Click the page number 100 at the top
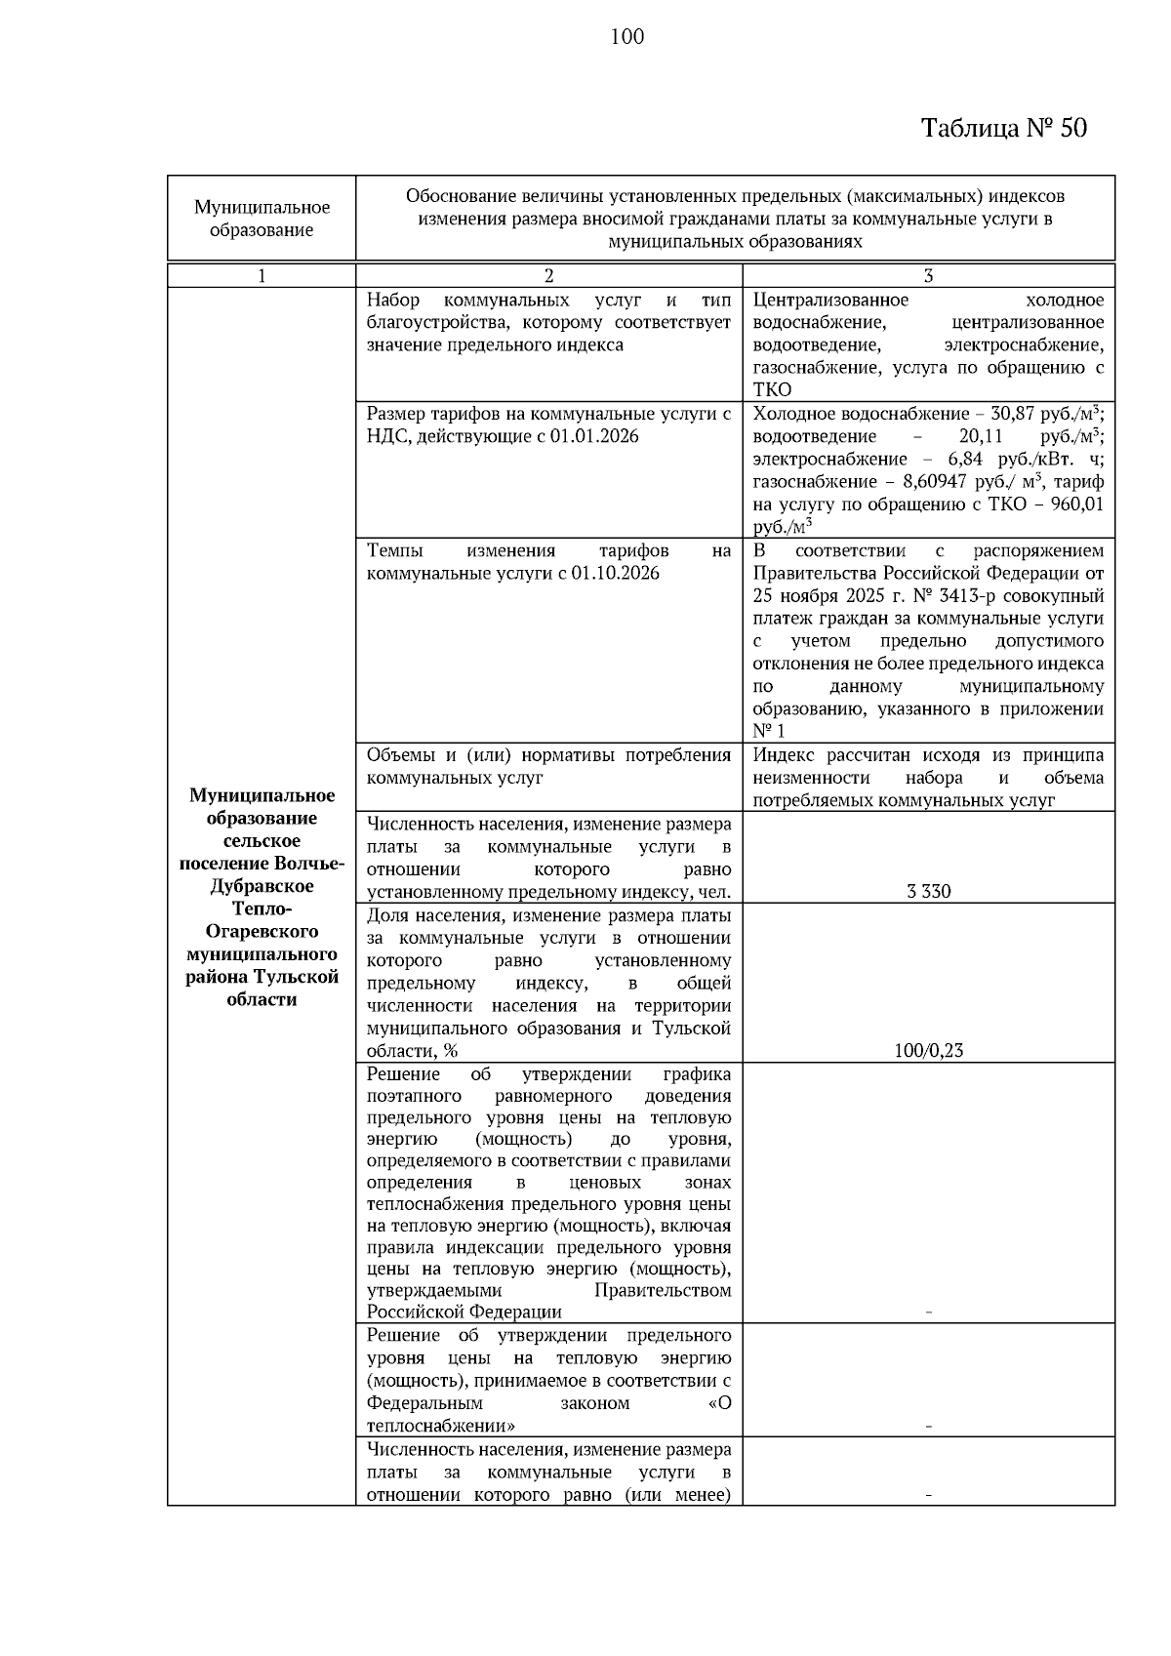tap(626, 37)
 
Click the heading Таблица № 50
tap(1004, 128)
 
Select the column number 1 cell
tap(262, 276)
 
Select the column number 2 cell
tap(548, 276)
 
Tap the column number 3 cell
tap(928, 276)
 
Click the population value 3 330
tap(928, 891)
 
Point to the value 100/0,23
tap(928, 1051)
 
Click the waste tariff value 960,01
tap(1075, 505)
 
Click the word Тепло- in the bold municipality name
tap(262, 909)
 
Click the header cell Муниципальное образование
tap(262, 219)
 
